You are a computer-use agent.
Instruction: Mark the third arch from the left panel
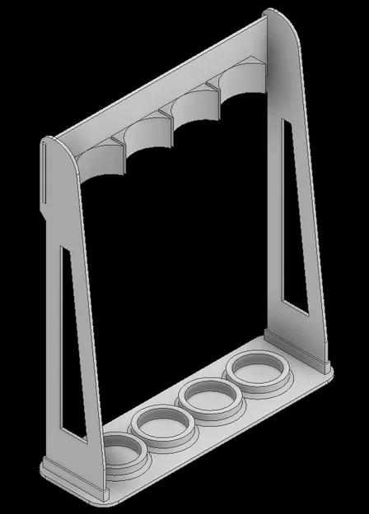click(x=194, y=104)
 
